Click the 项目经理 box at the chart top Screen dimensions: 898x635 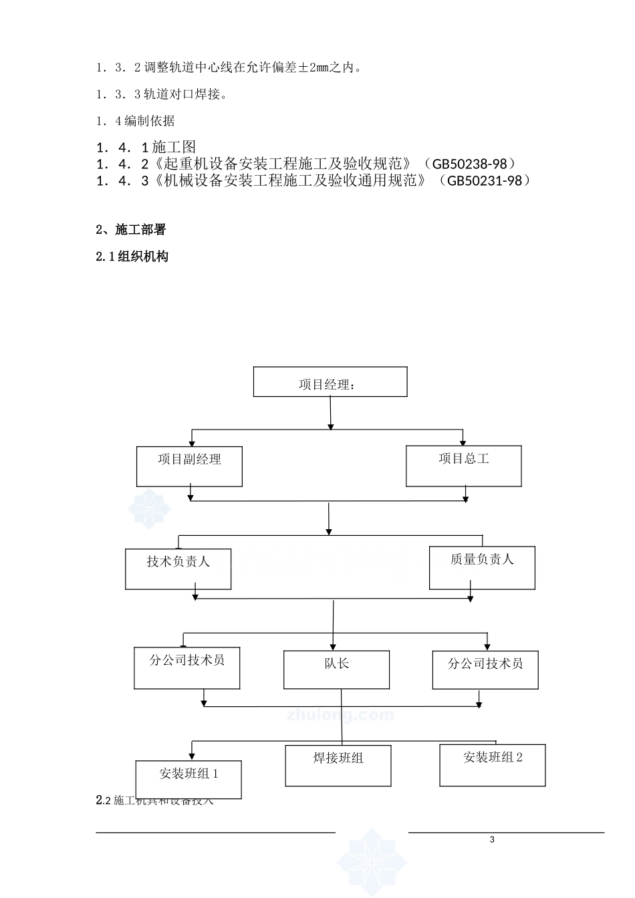330,382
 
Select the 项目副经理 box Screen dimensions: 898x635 189,466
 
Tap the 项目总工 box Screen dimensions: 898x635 464,466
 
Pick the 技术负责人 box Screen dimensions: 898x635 178,569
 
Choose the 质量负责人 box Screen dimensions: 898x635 482,568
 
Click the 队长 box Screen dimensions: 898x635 336,670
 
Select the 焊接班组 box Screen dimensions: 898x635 338,766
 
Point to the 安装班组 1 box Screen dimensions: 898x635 188,780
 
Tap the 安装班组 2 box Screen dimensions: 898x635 493,764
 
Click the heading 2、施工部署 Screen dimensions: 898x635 131,230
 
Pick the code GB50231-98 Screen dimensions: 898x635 485,180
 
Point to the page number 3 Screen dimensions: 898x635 493,840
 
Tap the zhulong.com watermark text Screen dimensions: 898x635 340,715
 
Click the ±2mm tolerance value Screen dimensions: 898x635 314,67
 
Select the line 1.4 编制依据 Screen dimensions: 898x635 136,121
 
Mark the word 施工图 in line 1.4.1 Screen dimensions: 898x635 174,147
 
